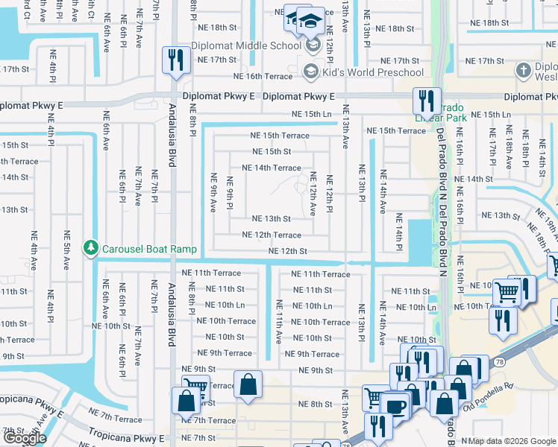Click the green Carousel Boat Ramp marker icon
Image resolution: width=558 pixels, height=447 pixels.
pyautogui.click(x=90, y=247)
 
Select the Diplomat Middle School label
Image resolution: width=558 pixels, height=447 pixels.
pyautogui.click(x=245, y=45)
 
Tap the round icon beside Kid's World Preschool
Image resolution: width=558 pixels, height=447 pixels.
pyautogui.click(x=311, y=72)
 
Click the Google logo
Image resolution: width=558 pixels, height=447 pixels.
pyautogui.click(x=25, y=438)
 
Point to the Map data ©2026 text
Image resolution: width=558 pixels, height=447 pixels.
pyautogui.click(x=512, y=441)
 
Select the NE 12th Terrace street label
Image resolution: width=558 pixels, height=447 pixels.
pyautogui.click(x=272, y=235)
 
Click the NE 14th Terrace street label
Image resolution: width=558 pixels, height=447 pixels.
pyautogui.click(x=272, y=168)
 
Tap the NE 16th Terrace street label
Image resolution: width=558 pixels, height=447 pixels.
pyautogui.click(x=263, y=76)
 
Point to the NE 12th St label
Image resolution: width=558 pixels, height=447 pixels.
pyautogui.click(x=288, y=252)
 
